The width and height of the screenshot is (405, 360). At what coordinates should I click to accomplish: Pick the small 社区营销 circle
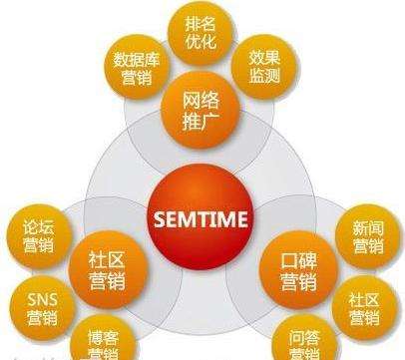(x=365, y=306)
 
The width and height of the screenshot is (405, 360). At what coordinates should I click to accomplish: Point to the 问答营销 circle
(x=296, y=341)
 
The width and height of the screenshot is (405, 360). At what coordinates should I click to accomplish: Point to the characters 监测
(x=267, y=75)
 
